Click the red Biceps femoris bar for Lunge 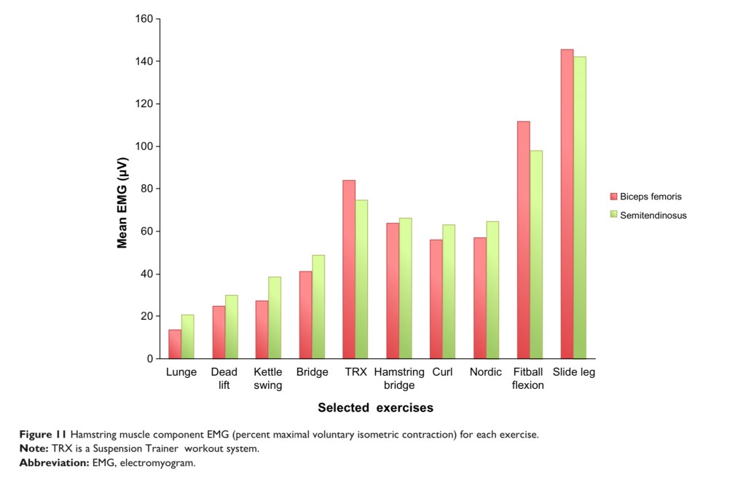point(175,344)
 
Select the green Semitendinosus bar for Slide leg point(580,208)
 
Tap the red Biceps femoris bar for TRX point(349,269)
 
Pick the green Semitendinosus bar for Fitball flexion point(536,255)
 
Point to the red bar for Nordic point(480,298)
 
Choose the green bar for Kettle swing point(275,317)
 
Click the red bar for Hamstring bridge point(393,291)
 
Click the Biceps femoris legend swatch point(613,197)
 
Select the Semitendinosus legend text point(653,216)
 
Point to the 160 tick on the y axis point(144,19)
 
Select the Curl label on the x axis point(442,372)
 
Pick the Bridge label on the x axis point(312,372)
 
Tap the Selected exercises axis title point(375,408)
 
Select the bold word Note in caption point(34,449)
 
